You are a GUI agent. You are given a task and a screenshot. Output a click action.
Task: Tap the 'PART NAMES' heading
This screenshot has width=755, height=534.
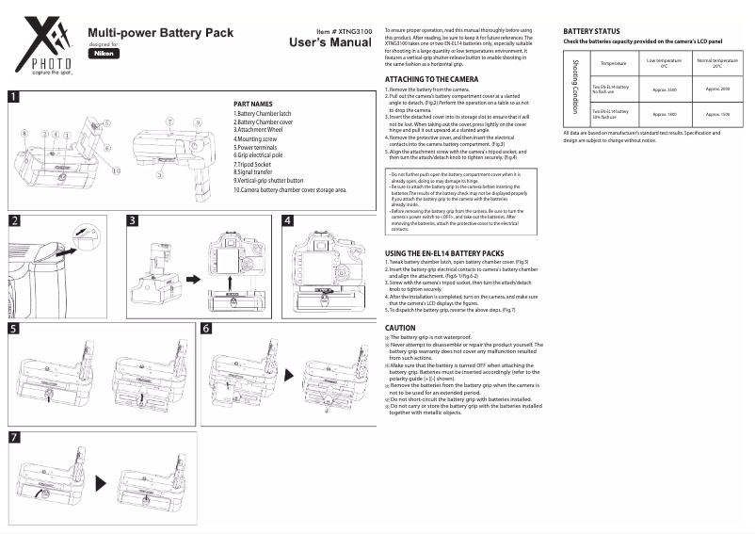[252, 104]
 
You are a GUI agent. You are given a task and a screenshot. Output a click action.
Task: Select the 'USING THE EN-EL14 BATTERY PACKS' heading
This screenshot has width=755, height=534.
[451, 253]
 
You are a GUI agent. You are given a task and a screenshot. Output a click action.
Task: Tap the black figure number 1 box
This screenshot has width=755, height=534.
[15, 96]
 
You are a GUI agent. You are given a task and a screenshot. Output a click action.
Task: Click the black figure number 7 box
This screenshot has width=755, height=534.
[15, 438]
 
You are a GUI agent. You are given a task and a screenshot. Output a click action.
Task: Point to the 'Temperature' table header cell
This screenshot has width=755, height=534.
[612, 64]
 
